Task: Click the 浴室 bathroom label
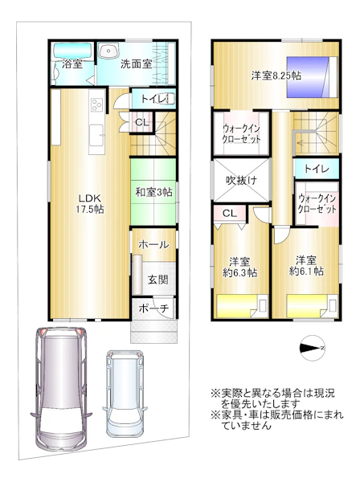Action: tap(72, 64)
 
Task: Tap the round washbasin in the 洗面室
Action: tap(108, 50)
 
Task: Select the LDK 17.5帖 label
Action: tap(90, 203)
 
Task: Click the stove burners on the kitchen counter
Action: tap(97, 104)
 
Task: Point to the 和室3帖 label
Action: tap(153, 193)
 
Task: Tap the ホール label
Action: tap(153, 245)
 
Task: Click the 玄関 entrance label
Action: tap(158, 280)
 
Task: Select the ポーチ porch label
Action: tap(153, 308)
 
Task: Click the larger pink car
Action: tap(61, 388)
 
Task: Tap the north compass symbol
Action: tap(313, 348)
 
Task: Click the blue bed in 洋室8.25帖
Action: tap(313, 77)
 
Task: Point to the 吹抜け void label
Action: tap(241, 180)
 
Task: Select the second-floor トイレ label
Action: tap(317, 169)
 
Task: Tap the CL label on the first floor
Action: tap(142, 122)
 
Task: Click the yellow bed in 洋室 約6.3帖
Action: tap(242, 306)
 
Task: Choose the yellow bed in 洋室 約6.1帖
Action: tap(312, 306)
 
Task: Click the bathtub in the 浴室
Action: tap(72, 51)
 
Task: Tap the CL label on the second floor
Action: tap(230, 213)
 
